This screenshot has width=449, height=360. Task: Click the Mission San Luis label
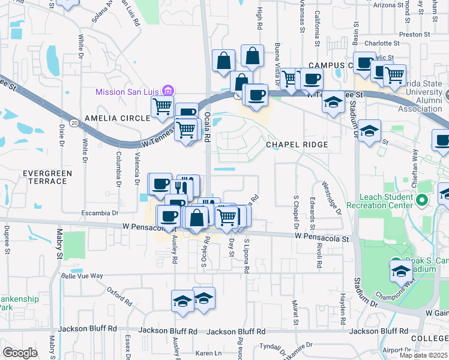coord(128,92)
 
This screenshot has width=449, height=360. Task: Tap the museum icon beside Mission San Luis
coord(168,91)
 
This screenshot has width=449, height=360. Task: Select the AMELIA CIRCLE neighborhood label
coord(117,118)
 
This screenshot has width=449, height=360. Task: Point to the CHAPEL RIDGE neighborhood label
coord(298,145)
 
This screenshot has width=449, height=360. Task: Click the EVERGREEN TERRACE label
coord(47,178)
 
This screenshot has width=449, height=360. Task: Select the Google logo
coord(20,352)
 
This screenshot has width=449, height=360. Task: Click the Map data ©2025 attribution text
coord(423,355)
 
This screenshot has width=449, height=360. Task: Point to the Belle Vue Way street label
coord(82,276)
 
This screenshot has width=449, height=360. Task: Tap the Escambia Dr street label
coord(99,213)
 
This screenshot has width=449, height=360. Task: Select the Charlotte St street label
coord(381,43)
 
